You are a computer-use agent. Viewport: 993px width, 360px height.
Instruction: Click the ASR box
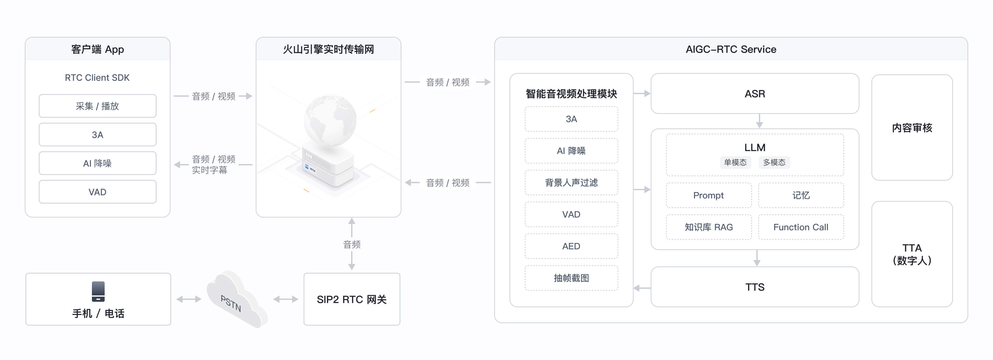point(754,94)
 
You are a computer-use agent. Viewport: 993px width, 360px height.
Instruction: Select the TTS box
point(754,287)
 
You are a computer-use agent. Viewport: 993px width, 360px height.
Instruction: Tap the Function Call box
point(801,227)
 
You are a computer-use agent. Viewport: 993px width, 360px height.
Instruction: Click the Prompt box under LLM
point(708,195)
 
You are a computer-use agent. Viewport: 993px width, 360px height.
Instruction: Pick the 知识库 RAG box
point(708,227)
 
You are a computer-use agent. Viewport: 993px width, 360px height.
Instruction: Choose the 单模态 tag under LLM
point(735,162)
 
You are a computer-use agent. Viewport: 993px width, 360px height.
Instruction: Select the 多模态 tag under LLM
point(774,162)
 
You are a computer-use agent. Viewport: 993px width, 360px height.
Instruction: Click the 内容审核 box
point(912,128)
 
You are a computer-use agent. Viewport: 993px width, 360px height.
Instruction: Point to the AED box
point(571,246)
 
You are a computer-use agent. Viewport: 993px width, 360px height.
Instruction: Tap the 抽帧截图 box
point(571,278)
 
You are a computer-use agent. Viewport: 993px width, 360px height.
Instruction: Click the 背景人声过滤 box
point(571,183)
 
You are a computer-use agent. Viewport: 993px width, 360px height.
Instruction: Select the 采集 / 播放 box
point(97,106)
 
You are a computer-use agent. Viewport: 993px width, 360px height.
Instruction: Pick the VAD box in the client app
point(97,192)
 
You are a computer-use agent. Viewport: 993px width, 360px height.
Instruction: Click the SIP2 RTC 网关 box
point(351,300)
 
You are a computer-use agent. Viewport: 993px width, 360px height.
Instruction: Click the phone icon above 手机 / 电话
point(98,291)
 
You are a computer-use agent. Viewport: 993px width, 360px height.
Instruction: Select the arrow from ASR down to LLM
point(759,121)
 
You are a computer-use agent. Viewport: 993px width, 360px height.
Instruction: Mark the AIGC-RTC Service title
point(731,49)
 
